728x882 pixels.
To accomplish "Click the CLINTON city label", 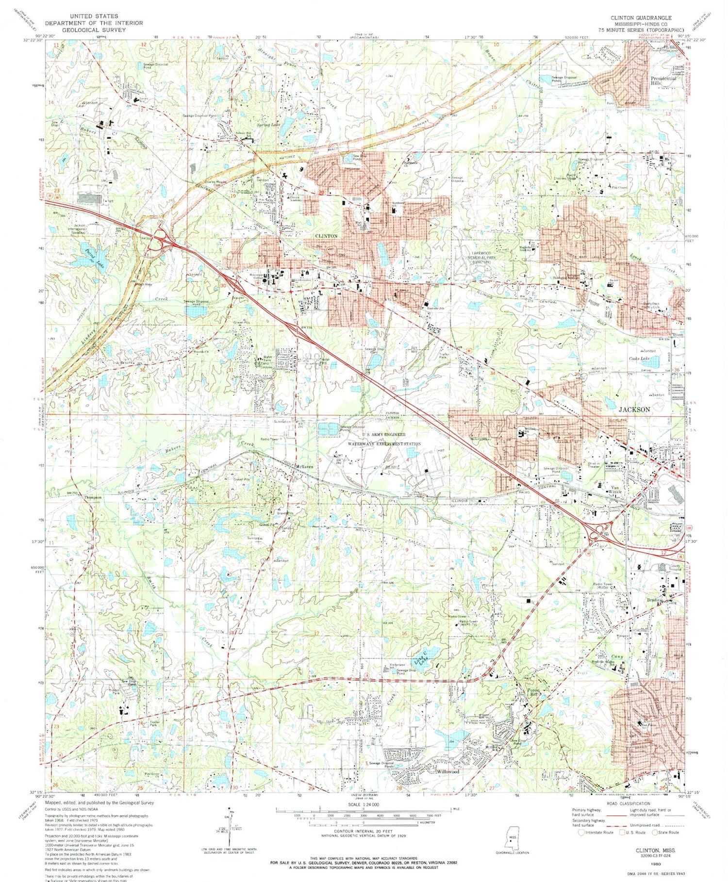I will [326, 236].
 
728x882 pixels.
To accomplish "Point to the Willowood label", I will [447, 771].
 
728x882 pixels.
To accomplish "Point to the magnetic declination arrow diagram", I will [230, 830].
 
